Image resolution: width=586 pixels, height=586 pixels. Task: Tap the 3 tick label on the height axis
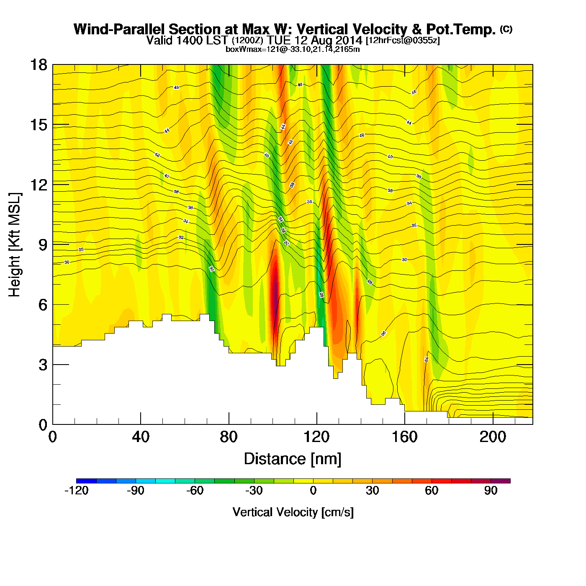point(43,365)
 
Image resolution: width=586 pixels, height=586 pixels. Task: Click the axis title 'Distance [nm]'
point(293,459)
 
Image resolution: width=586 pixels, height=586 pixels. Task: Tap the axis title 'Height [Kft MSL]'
point(15,245)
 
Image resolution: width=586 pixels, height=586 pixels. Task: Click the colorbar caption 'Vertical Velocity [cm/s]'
point(293,512)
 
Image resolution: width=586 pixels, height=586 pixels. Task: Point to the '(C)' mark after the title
point(506,29)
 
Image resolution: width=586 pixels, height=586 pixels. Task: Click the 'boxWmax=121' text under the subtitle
point(245,49)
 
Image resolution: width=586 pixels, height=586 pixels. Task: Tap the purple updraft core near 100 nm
point(275,291)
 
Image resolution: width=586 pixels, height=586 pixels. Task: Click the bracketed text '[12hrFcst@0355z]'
point(403,41)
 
